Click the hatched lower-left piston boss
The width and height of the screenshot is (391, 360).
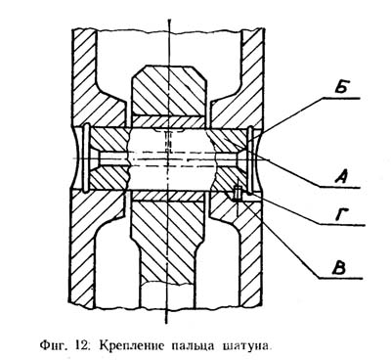tap(98, 235)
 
